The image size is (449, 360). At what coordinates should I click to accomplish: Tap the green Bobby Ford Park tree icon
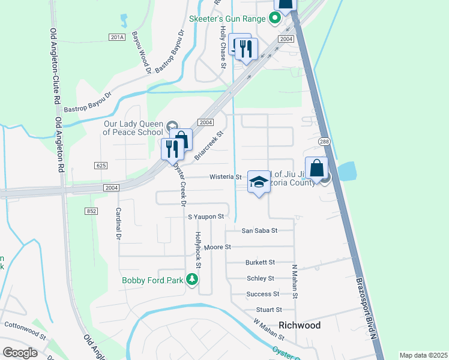[192, 279]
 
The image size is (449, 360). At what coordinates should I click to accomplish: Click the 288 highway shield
[325, 142]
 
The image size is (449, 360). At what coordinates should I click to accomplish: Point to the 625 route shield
[100, 165]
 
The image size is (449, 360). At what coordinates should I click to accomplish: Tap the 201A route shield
[117, 37]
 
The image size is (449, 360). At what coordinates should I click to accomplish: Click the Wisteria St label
[225, 177]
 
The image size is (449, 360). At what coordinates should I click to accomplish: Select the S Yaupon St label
[205, 216]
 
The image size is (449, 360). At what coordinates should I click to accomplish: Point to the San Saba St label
[259, 230]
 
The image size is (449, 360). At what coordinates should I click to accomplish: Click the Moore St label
[217, 247]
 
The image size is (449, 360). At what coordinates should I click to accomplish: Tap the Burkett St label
[260, 262]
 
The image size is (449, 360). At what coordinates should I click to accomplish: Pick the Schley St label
[261, 278]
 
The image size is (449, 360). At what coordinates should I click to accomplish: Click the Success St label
[263, 294]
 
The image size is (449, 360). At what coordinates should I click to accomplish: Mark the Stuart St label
[269, 310]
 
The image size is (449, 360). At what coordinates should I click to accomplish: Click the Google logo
[20, 353]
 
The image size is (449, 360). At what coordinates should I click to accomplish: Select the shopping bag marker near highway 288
[316, 169]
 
